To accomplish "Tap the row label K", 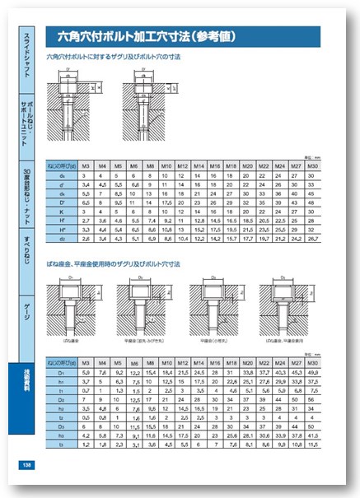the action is click(63, 212).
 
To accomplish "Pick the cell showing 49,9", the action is click(311, 373).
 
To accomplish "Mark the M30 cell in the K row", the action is click(311, 212).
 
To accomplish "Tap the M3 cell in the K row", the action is click(86, 212).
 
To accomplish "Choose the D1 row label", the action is click(63, 373).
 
